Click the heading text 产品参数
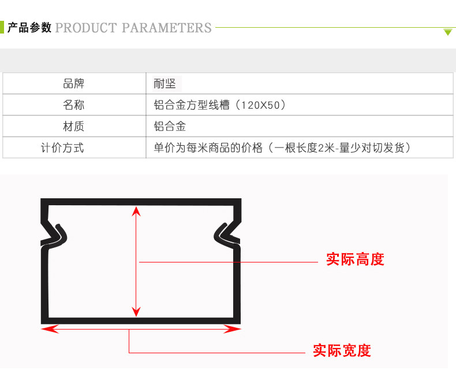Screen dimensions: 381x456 tap(29, 27)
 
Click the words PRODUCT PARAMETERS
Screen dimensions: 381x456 tap(133, 27)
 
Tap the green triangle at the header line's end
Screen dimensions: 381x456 tap(448, 32)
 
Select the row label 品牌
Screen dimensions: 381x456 tap(74, 84)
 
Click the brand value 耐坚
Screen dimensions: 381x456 tap(165, 84)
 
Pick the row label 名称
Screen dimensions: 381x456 tap(74, 105)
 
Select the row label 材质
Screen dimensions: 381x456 tap(74, 126)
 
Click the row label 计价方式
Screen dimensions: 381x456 tap(62, 147)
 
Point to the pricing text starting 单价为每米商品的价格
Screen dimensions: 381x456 tap(282, 147)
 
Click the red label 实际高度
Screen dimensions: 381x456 tap(355, 259)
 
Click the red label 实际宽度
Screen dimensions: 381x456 tap(342, 350)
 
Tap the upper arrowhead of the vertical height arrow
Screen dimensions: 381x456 tap(136, 210)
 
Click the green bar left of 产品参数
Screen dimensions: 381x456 tap(2, 27)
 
